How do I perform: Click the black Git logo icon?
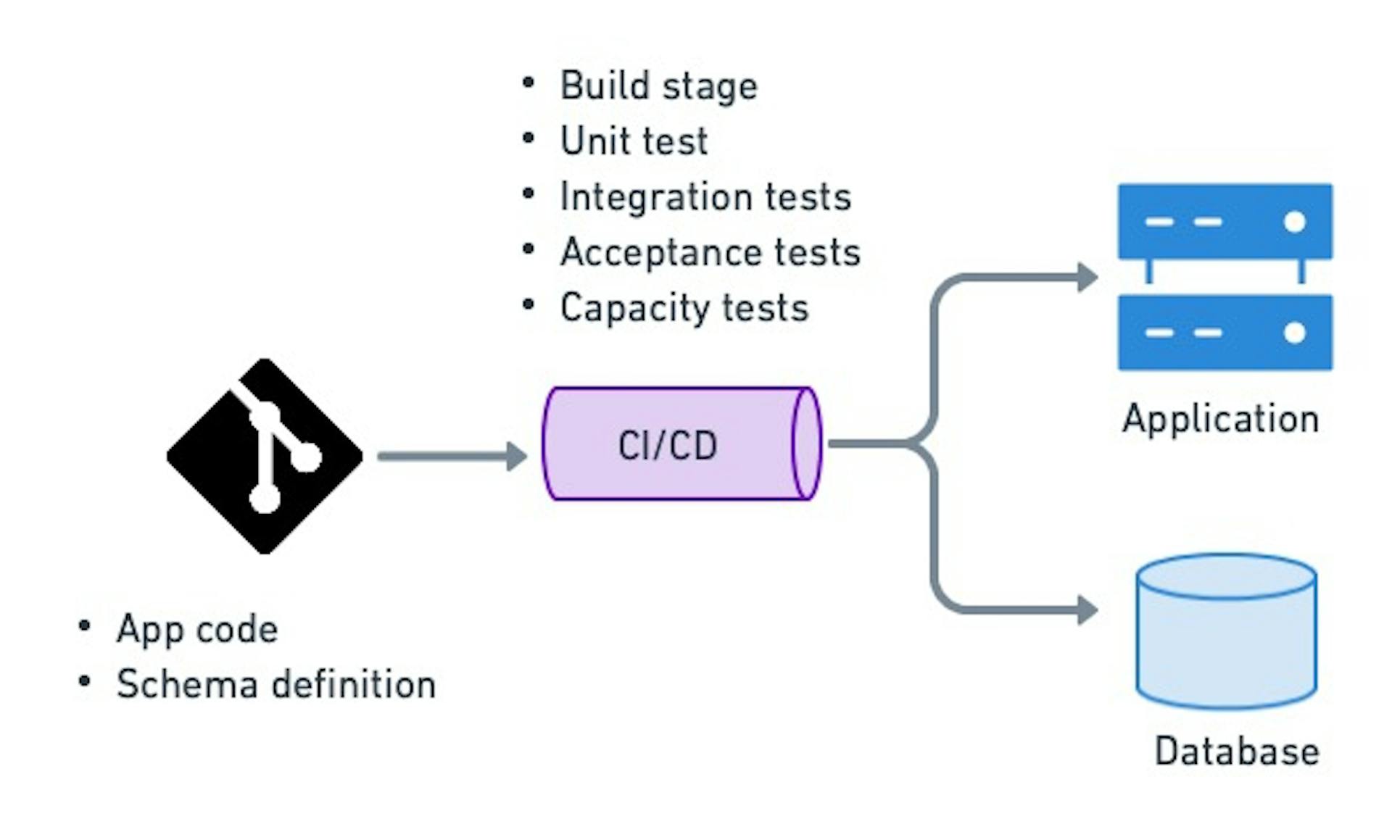coord(265,457)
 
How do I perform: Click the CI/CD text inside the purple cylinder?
coord(667,446)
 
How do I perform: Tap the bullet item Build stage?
coord(658,86)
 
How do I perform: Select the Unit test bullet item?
coord(634,141)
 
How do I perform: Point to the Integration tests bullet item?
coord(705,197)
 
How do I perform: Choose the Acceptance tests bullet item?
coord(710,253)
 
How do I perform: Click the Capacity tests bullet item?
coord(684,308)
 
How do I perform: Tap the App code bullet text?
coord(197,629)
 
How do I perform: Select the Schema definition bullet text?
coord(275,685)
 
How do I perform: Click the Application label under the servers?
coord(1220,420)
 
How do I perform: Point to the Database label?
coord(1236,752)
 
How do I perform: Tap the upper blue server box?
coord(1225,222)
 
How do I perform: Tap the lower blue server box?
coord(1225,333)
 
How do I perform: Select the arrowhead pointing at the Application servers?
coord(1087,278)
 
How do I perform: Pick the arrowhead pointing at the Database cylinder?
coord(1087,610)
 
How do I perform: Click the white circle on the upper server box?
coord(1294,222)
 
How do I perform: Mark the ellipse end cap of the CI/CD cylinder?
coord(806,444)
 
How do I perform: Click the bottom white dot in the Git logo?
coord(265,499)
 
